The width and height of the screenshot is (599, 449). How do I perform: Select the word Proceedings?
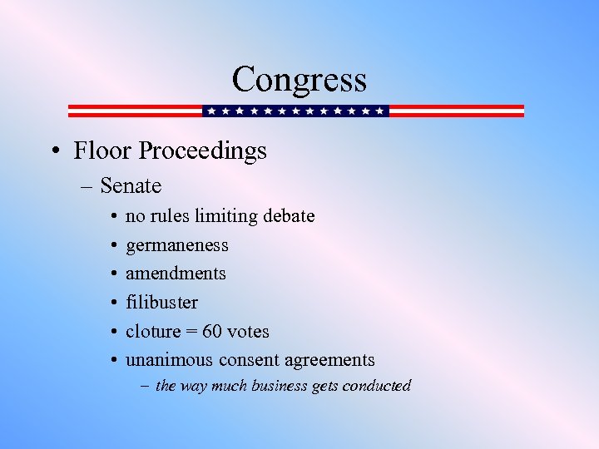tap(203, 151)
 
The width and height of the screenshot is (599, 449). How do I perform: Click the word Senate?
tap(131, 185)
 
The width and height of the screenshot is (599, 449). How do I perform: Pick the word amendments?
tap(176, 274)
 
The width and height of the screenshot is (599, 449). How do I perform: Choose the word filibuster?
tap(161, 303)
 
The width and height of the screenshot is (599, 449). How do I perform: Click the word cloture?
tap(152, 331)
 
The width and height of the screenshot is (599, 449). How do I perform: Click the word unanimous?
tap(169, 360)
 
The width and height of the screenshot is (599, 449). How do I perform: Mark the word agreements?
tap(330, 361)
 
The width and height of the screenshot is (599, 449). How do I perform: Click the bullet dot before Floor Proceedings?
tap(53, 151)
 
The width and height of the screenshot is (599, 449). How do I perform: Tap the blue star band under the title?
tap(295, 111)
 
